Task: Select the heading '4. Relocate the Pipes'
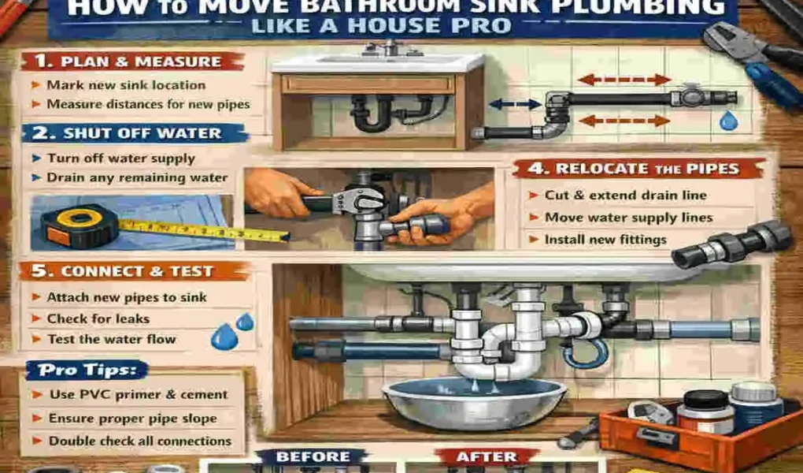pos(638,169)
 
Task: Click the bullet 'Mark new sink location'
pos(126,85)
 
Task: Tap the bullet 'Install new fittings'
pos(605,239)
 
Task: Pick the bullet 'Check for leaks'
pos(98,318)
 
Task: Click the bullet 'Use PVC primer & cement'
pos(138,394)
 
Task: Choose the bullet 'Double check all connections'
pos(140,441)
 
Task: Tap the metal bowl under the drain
pos(474,402)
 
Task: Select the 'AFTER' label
pos(486,456)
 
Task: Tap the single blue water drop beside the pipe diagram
pos(727,121)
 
